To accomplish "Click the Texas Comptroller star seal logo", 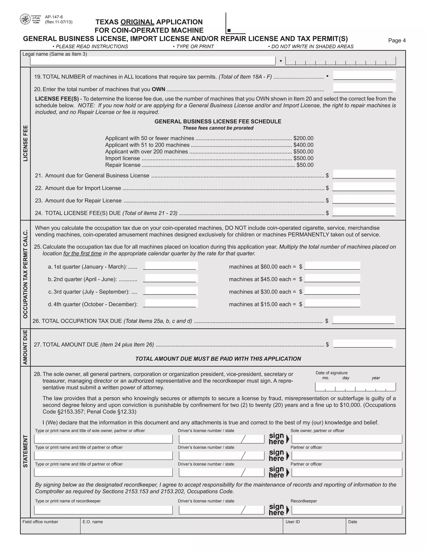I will coord(25,19).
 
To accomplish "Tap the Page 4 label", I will coord(397,40).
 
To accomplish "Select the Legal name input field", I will coord(152,61).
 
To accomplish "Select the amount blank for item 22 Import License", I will coord(364,187).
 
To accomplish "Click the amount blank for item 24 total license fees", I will coord(364,212).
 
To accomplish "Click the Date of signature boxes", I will coord(355,387).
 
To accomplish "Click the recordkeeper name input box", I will coord(103,510).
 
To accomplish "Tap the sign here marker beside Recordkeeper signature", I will coord(278,510).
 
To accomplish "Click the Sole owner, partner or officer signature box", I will coord(347,439).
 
